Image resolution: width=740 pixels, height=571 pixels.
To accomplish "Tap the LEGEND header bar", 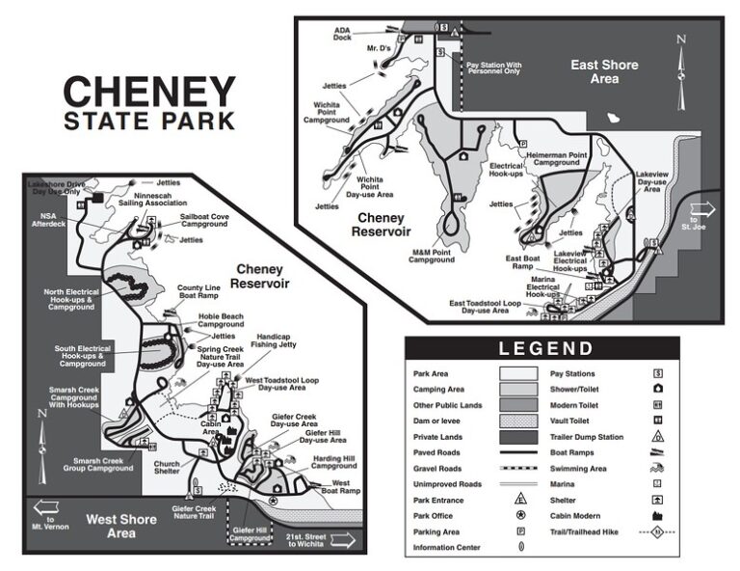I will click(542, 348).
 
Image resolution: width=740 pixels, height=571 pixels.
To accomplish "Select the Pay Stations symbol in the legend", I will click(657, 373).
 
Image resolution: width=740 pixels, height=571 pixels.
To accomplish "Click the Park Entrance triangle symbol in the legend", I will click(520, 501).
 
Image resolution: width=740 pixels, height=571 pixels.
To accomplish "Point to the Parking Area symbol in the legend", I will click(520, 531).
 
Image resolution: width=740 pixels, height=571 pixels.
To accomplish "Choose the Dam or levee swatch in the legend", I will click(520, 421).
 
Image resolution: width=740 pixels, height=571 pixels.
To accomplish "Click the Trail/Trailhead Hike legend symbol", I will click(657, 531).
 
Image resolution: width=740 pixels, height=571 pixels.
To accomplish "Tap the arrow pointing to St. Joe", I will click(702, 209).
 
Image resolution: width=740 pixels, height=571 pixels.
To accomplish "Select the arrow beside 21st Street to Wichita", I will click(341, 541).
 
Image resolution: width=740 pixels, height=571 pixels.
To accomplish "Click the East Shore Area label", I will click(604, 71).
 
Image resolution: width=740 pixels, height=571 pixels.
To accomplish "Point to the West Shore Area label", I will click(121, 526).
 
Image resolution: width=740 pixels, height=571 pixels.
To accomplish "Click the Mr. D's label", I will click(379, 47).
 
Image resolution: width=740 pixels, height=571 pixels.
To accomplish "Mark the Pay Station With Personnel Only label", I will click(493, 68).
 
